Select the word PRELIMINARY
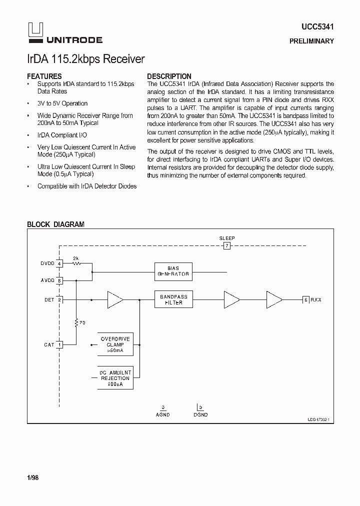pos(311,41)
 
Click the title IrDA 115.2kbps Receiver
pos(85,59)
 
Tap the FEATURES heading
pos(44,76)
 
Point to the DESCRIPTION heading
pos(169,76)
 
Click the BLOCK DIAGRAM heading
pos(55,224)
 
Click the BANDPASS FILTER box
pos(173,300)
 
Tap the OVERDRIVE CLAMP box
pos(115,344)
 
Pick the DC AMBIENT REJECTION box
pos(115,378)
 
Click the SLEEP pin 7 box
pos(227,246)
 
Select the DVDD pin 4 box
pos(59,263)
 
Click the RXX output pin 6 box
pos(305,299)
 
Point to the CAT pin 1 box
pos(59,344)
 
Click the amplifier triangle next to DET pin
pos(114,300)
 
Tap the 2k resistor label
pos(76,258)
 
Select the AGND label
pos(163,414)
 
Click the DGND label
pos(200,414)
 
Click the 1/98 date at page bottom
pos(32,478)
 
